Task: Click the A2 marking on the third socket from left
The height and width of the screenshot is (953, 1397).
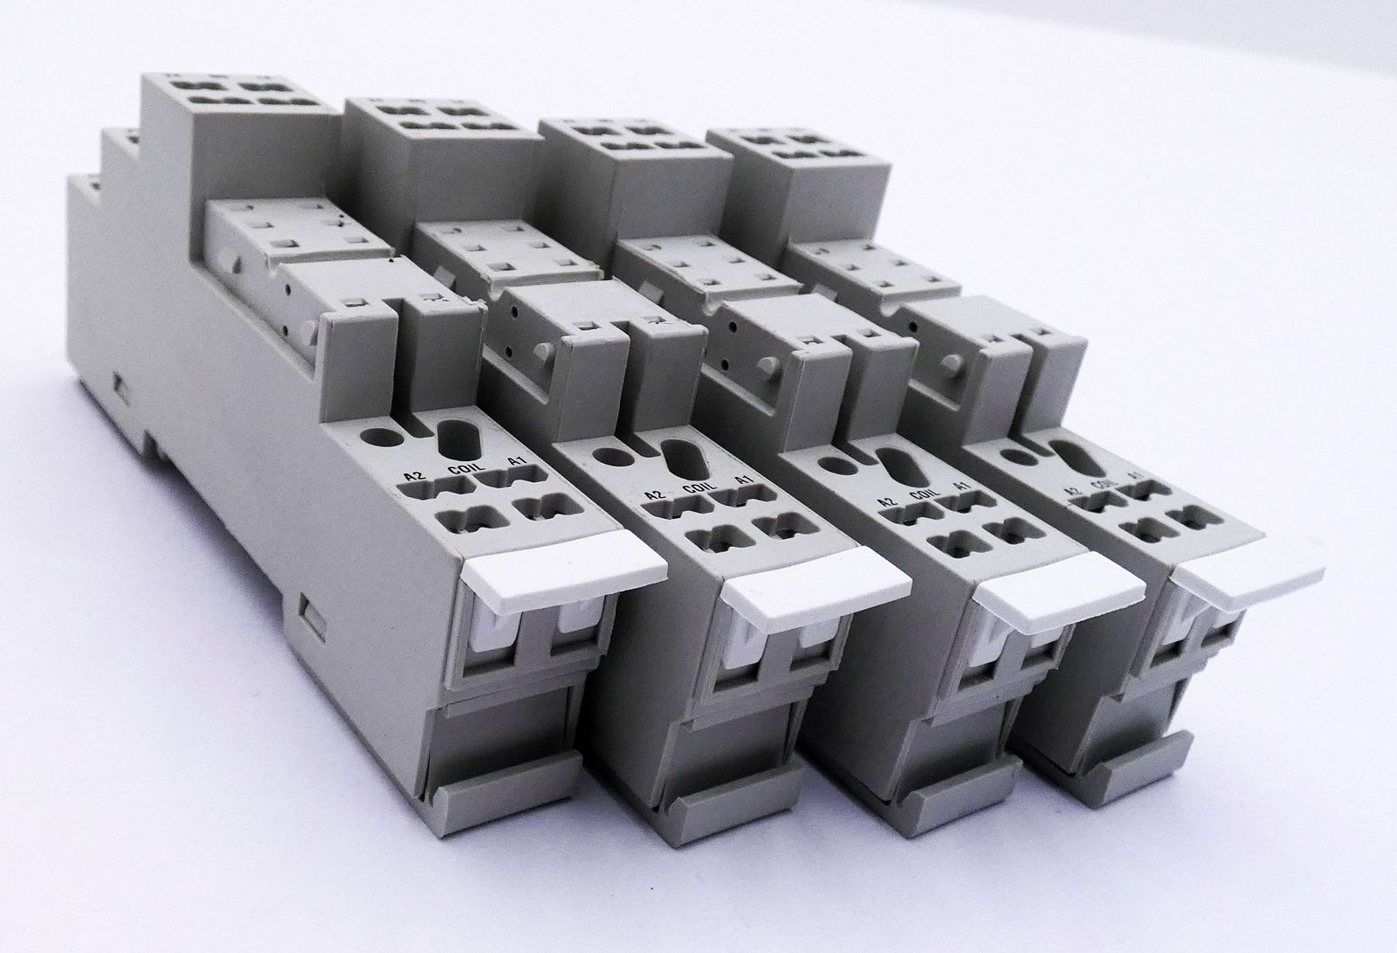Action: point(886,501)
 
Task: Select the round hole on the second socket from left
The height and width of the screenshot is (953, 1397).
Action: point(604,455)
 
